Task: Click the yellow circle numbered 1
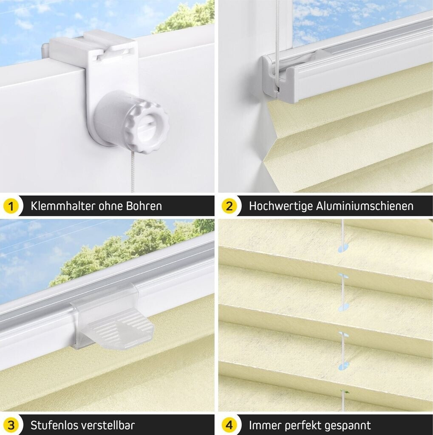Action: click(11, 206)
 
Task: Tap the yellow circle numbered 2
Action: click(229, 206)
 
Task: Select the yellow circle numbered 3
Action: click(11, 425)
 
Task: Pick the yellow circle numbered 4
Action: click(229, 425)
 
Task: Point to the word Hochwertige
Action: click(280, 206)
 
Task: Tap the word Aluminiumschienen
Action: click(365, 206)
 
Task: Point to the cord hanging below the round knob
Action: click(133, 172)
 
